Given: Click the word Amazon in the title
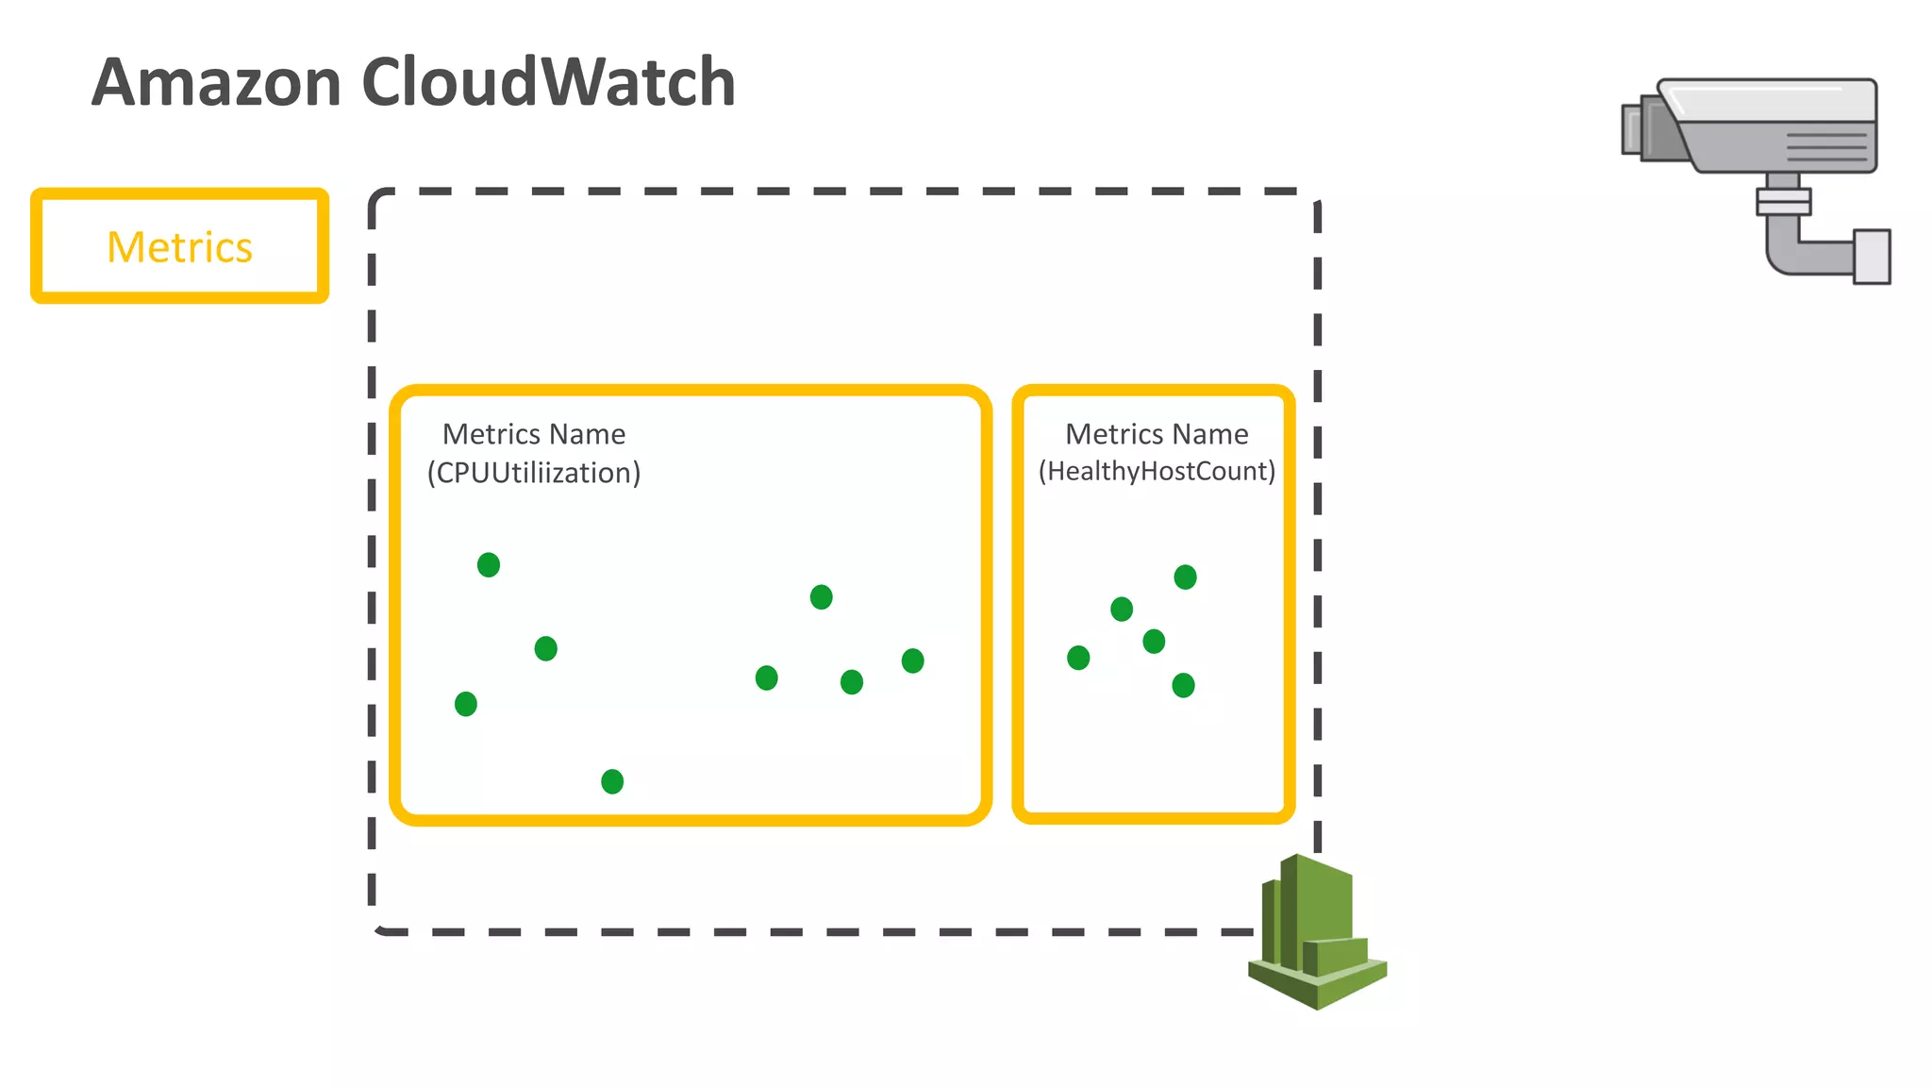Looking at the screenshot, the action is (216, 82).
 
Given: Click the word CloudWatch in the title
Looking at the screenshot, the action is (548, 82).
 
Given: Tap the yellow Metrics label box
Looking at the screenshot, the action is (179, 246).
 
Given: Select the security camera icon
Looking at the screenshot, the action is (1757, 180).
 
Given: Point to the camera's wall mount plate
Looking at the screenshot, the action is (1872, 256).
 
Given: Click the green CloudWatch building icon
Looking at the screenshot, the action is (1317, 931).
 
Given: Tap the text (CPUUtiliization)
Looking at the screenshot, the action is (534, 472).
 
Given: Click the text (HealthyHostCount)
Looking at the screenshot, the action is (1157, 471).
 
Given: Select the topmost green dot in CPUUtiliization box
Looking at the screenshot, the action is (489, 565).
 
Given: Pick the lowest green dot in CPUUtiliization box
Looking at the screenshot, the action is (612, 781).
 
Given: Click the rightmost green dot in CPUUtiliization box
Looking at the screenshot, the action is (912, 661).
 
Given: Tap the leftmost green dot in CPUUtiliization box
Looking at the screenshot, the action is (466, 704).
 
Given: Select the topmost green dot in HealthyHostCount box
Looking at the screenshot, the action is (1186, 577).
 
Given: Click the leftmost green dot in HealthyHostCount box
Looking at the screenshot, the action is (1078, 658).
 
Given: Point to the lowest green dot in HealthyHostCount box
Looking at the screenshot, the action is (1183, 685).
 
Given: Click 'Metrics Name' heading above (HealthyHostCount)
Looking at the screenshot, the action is (1157, 434).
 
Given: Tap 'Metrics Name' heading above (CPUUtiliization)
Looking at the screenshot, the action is (534, 434).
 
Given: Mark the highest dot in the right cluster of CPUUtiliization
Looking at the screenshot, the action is (822, 597).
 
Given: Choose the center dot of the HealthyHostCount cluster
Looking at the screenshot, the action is (1154, 642).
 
